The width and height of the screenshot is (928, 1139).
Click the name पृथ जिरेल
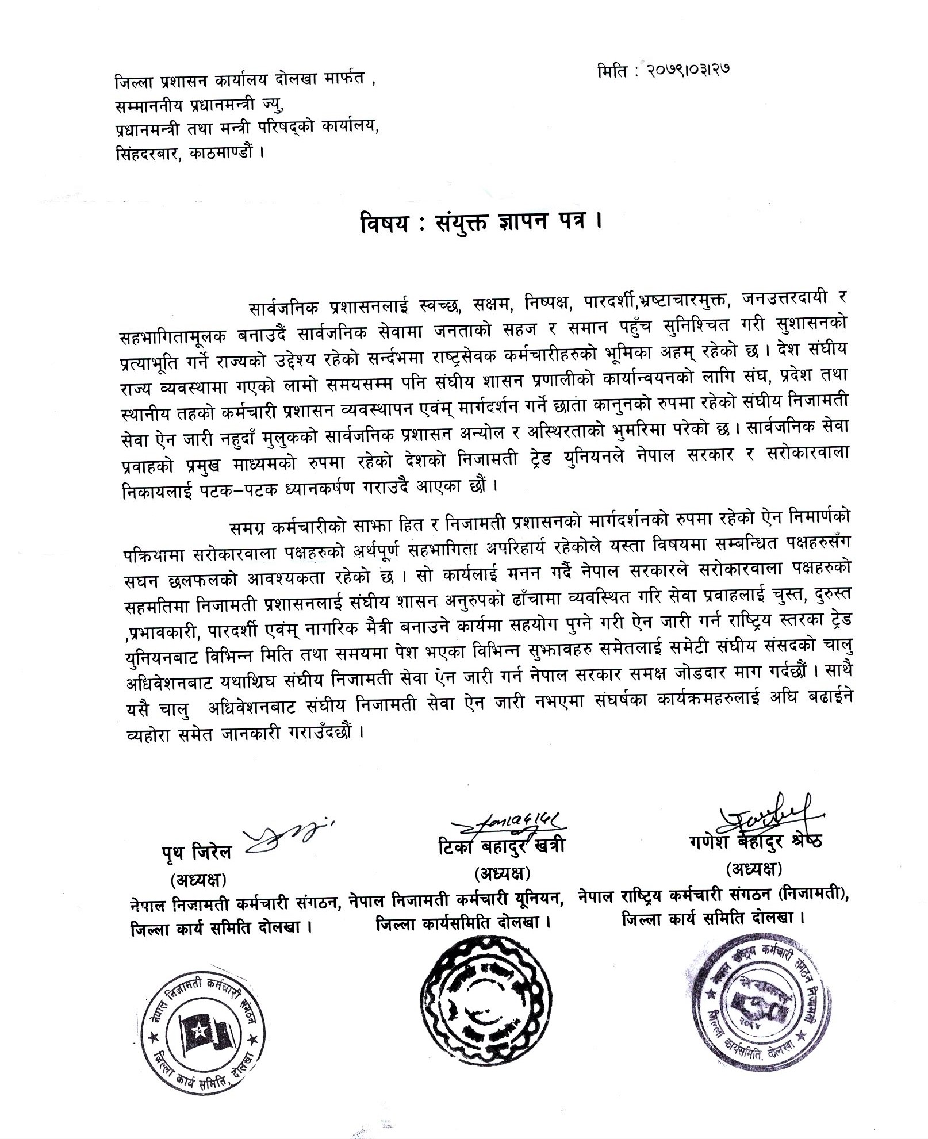click(x=196, y=852)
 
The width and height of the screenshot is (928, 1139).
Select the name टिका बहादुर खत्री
click(x=501, y=845)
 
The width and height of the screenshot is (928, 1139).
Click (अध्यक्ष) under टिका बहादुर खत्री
click(x=501, y=874)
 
